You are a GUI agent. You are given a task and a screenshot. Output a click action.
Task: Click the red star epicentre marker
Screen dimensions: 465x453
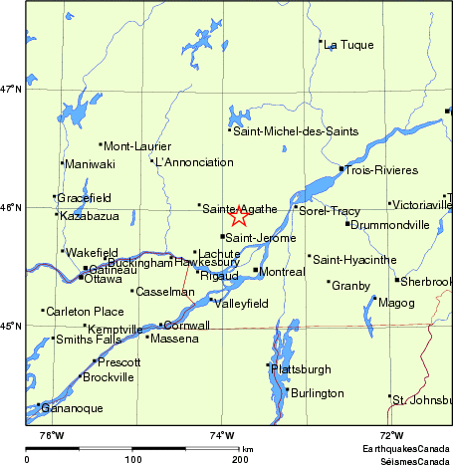(x=239, y=216)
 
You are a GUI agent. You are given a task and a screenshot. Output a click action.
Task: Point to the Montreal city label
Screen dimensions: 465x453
(x=282, y=271)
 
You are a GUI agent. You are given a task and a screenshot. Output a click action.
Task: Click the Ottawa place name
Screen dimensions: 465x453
(x=103, y=279)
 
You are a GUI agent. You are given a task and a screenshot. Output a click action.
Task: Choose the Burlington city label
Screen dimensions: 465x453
(x=318, y=393)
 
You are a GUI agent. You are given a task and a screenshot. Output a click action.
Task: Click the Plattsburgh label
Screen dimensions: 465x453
(x=302, y=368)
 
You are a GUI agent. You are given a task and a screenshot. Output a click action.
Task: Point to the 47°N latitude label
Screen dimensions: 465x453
(x=11, y=90)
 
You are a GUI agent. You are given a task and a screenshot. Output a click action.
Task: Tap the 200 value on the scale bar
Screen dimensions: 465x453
(x=240, y=459)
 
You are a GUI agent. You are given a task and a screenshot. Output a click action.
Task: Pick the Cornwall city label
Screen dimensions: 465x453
(x=187, y=326)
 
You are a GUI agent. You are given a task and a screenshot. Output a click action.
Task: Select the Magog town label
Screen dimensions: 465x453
(x=396, y=303)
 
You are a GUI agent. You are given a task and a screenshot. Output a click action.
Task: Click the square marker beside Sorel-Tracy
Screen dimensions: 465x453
(x=296, y=208)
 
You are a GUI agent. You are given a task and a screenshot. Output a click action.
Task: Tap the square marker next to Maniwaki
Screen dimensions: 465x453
(x=63, y=163)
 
